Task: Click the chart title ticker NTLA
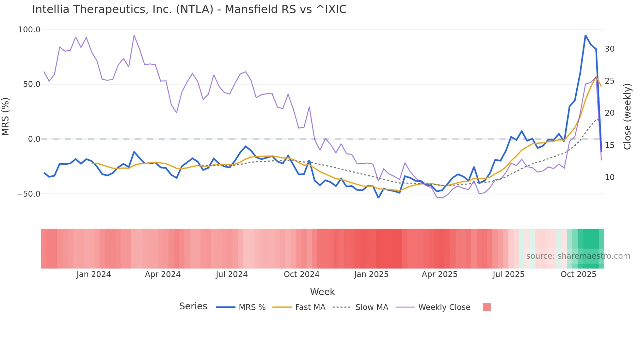(x=195, y=9)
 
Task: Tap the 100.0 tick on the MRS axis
(x=29, y=30)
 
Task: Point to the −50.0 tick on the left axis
(x=29, y=194)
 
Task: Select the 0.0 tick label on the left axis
(x=34, y=139)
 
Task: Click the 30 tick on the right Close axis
(x=609, y=49)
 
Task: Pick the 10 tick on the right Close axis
(x=609, y=177)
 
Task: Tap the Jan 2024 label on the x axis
(x=94, y=274)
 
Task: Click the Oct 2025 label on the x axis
(x=578, y=274)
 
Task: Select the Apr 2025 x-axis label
(x=440, y=274)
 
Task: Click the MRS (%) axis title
(x=6, y=117)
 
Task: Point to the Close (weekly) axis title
(x=627, y=117)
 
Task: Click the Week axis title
(x=322, y=292)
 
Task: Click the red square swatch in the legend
(x=487, y=307)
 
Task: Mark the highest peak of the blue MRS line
(x=585, y=35)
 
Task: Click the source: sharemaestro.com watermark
(x=578, y=256)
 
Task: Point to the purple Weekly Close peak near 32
(x=134, y=35)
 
